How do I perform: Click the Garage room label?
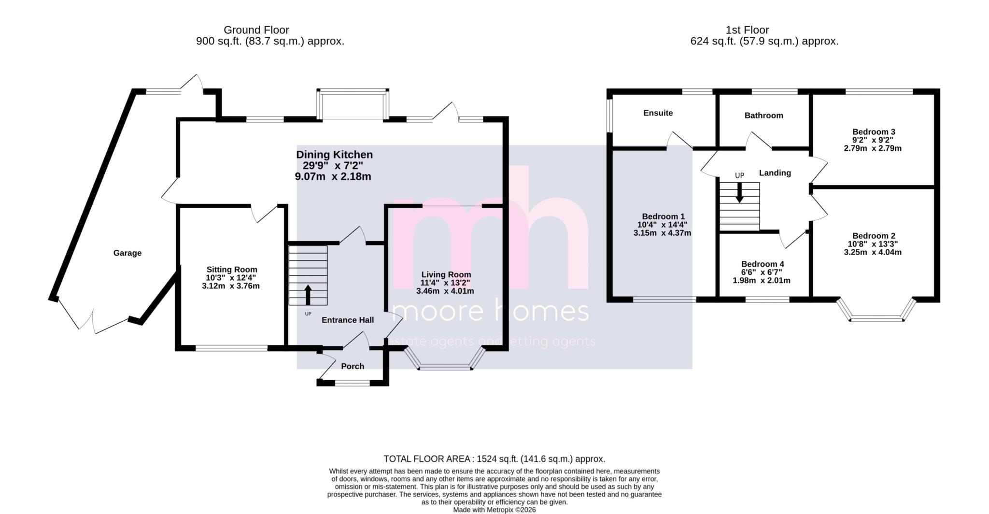pyautogui.click(x=127, y=253)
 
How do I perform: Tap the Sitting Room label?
pyautogui.click(x=232, y=270)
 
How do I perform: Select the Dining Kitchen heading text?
pyautogui.click(x=334, y=155)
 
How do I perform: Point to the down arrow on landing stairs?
pyautogui.click(x=739, y=193)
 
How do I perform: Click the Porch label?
pyautogui.click(x=353, y=366)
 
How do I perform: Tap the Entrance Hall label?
pyautogui.click(x=348, y=320)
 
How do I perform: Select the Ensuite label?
pyautogui.click(x=658, y=113)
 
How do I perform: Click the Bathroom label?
pyautogui.click(x=763, y=115)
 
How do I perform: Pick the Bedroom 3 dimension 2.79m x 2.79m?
pyautogui.click(x=873, y=148)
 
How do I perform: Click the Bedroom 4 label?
pyautogui.click(x=763, y=264)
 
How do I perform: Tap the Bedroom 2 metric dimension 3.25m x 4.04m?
pyautogui.click(x=873, y=252)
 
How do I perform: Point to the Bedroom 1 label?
pyautogui.click(x=663, y=216)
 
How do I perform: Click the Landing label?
pyautogui.click(x=775, y=173)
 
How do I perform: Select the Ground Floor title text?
pyautogui.click(x=256, y=30)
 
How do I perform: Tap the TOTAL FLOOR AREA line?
pyautogui.click(x=494, y=459)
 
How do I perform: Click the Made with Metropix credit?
pyautogui.click(x=494, y=510)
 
